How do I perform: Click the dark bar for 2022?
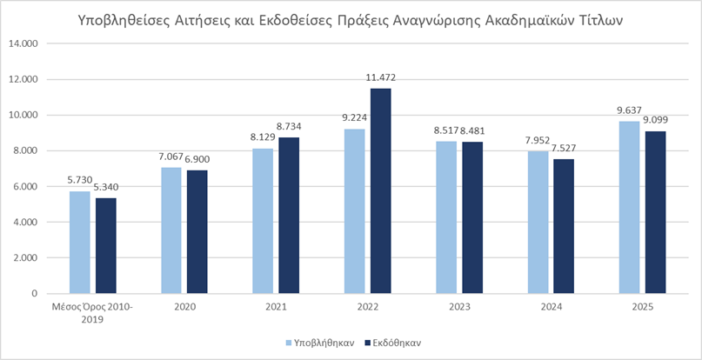[x=380, y=190]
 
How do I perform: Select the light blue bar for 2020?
[x=172, y=230]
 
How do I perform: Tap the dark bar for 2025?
[x=655, y=212]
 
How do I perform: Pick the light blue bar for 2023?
[x=446, y=217]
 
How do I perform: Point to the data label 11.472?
[x=380, y=79]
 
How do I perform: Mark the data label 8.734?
[x=289, y=128]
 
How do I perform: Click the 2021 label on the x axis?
[x=276, y=308]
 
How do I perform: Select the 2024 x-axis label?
[x=551, y=308]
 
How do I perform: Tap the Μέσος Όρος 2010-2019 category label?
[x=93, y=314]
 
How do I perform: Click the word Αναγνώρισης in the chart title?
[x=460, y=18]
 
